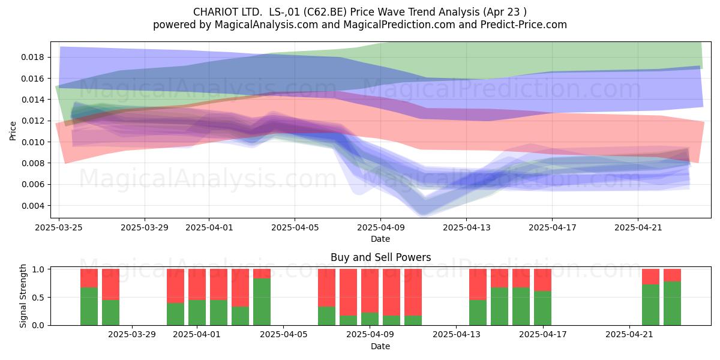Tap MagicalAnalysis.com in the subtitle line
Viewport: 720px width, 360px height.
[x=266, y=25]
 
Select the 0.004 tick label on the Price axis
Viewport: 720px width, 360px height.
[x=32, y=206]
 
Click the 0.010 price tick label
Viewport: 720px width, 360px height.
[x=32, y=142]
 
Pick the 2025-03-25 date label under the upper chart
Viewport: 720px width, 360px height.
[x=59, y=227]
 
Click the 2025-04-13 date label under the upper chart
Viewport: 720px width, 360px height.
[x=467, y=227]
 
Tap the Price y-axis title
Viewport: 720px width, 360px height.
[x=13, y=131]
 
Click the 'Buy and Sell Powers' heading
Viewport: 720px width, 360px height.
[x=380, y=257]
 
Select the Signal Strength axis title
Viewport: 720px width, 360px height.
[x=23, y=296]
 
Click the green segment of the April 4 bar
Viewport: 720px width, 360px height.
[x=262, y=302]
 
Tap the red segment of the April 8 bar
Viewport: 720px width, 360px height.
[x=348, y=292]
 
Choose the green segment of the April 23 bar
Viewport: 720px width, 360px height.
[x=672, y=304]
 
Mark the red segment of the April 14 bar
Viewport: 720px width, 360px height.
[x=478, y=284]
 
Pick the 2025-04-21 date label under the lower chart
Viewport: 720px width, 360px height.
[x=629, y=335]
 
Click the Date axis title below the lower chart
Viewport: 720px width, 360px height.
[x=380, y=346]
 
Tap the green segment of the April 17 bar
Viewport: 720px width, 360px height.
[x=542, y=308]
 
